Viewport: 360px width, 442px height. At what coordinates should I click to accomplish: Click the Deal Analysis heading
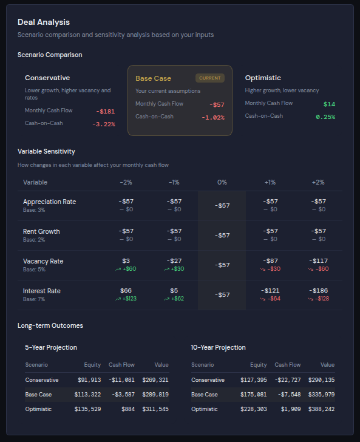(43, 22)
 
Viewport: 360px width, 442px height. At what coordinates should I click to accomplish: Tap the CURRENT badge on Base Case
(210, 78)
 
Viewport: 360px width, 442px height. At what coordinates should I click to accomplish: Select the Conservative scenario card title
(47, 78)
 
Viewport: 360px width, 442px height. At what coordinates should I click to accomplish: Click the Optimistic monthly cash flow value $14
(329, 104)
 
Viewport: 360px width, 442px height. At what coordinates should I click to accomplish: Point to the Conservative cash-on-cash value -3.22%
(103, 124)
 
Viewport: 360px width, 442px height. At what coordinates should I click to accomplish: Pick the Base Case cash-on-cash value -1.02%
(212, 118)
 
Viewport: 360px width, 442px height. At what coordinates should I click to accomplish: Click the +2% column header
(318, 182)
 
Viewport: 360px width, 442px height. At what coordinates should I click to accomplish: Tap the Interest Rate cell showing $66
(126, 291)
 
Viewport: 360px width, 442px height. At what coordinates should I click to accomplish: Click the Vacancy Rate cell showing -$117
(318, 261)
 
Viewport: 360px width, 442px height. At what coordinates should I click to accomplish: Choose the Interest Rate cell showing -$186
(318, 291)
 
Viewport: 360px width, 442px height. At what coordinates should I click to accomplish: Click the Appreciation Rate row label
(49, 202)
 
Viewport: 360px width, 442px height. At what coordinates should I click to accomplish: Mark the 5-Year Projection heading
(51, 347)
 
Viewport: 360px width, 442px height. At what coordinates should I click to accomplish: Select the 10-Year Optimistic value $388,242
(321, 409)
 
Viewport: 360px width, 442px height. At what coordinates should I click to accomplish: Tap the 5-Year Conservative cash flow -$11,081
(121, 380)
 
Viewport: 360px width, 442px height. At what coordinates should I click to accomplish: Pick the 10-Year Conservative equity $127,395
(253, 380)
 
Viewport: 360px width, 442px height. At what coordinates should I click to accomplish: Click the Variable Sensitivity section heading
(46, 151)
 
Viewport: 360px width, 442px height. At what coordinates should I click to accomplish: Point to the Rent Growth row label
(41, 231)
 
